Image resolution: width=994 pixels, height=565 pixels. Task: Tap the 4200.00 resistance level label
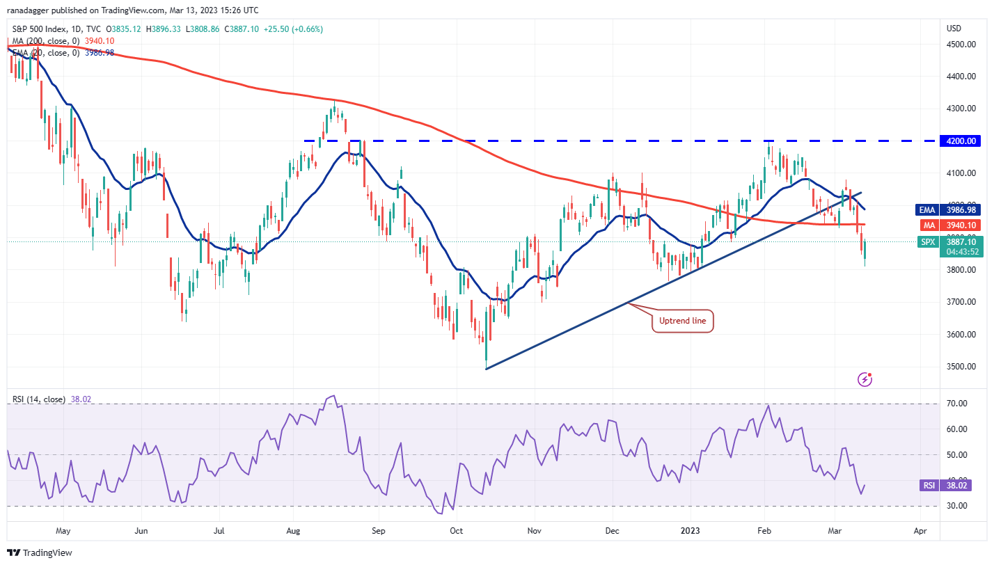[961, 141]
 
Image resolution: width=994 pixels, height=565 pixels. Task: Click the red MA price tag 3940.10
[961, 225]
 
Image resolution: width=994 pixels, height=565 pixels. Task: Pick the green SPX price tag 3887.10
[961, 241]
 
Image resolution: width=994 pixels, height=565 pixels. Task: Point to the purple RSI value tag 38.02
[961, 486]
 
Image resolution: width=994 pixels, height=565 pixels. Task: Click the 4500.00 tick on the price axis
[961, 44]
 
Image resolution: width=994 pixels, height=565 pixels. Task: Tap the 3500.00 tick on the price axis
[961, 366]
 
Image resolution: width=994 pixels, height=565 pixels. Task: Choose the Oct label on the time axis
[456, 530]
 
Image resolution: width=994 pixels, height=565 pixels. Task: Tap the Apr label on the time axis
[920, 530]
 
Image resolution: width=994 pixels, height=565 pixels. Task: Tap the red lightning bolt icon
[865, 379]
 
